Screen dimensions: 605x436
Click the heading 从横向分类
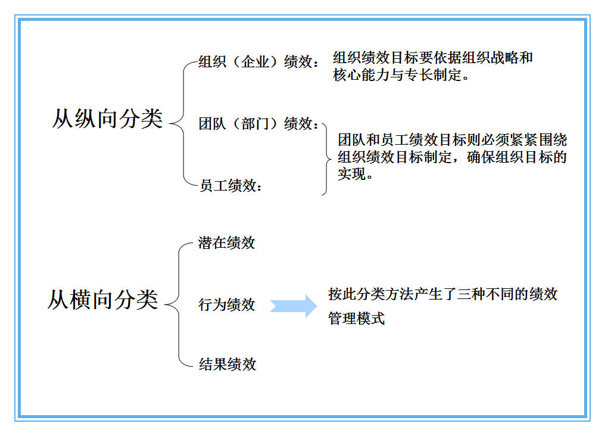(x=102, y=300)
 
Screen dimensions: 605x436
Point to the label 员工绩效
(x=230, y=186)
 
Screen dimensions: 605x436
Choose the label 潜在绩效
(x=226, y=242)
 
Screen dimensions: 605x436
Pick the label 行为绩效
(x=226, y=304)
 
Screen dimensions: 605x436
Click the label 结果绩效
(x=227, y=365)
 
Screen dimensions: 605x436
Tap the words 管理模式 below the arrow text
(x=356, y=319)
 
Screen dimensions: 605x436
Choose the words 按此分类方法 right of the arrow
(x=363, y=294)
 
